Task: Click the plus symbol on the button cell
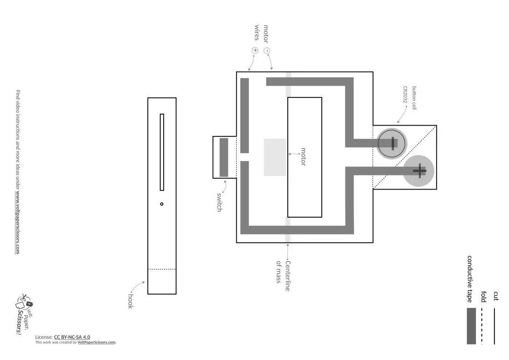coord(419,171)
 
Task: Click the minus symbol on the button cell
coord(393,143)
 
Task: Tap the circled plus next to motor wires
coord(255,50)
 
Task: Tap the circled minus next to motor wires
coord(267,51)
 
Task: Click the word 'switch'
coord(219,202)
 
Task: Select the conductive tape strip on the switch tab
coord(223,157)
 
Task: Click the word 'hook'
coord(130,301)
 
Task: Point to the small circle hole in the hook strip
coord(162,204)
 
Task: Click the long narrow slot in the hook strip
coord(162,152)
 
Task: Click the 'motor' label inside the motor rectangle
coord(303,157)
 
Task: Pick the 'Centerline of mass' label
coord(283,276)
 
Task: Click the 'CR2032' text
coord(405,95)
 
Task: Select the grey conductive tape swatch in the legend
coord(471,326)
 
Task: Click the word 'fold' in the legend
coord(484,297)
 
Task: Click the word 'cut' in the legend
coord(496,296)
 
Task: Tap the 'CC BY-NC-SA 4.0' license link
coord(72,337)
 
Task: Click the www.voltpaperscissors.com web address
coord(18,224)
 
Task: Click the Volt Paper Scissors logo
coord(24,313)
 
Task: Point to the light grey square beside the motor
coord(275,157)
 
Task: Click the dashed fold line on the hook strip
coord(162,269)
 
